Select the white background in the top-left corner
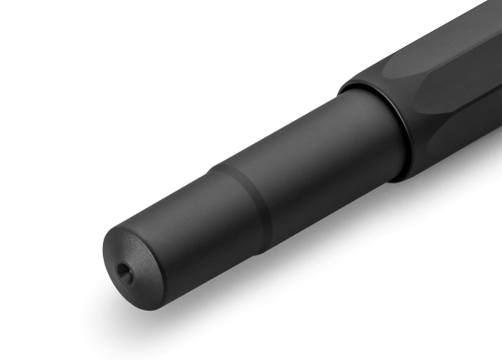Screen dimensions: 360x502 33,33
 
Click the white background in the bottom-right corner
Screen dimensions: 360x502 469,327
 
